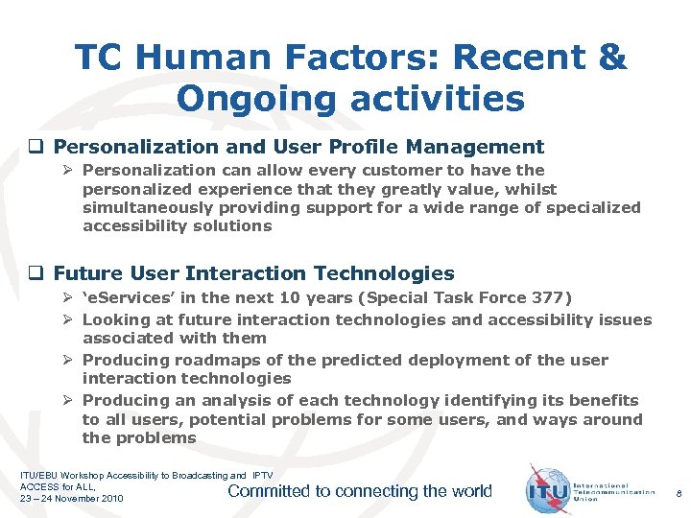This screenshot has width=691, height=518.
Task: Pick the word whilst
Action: tap(527, 189)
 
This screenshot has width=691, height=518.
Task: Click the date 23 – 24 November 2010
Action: tap(73, 499)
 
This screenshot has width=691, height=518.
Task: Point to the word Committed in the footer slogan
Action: tap(269, 491)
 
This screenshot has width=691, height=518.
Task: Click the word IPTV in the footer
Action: tap(262, 475)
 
